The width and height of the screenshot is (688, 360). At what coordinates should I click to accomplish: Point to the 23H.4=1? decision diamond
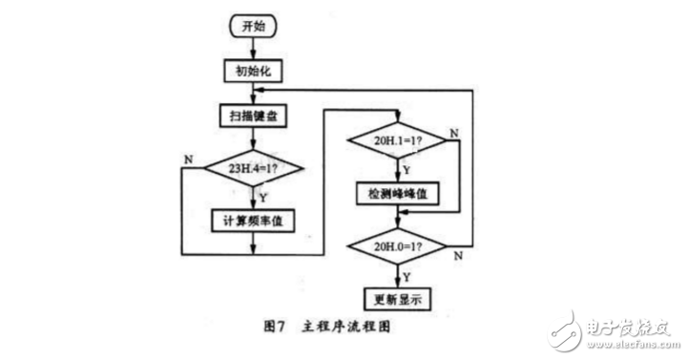(252, 172)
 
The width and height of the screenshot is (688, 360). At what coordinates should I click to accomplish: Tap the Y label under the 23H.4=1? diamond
(262, 199)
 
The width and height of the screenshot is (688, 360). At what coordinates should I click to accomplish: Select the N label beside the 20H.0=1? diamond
(458, 255)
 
